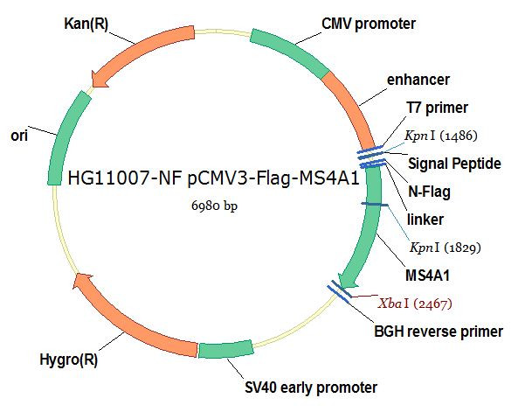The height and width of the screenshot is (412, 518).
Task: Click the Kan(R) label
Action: click(x=86, y=24)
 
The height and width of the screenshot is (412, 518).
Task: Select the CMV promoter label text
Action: click(x=369, y=24)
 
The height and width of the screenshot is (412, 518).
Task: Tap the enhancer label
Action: click(x=418, y=80)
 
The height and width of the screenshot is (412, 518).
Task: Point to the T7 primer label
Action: click(x=437, y=108)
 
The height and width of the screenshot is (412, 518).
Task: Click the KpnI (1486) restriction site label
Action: click(x=441, y=136)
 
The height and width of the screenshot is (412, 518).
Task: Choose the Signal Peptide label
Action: click(x=454, y=164)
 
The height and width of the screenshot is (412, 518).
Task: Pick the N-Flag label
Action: click(x=429, y=192)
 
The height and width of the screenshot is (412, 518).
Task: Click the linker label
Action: click(x=425, y=220)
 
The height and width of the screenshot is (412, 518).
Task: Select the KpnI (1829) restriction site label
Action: click(x=445, y=248)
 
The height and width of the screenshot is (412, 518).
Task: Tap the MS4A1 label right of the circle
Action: click(x=427, y=276)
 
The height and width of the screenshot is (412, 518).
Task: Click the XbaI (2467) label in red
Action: click(x=415, y=304)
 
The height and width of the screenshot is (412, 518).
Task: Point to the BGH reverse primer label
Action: click(x=439, y=332)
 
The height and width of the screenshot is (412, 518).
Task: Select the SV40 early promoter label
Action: click(x=311, y=388)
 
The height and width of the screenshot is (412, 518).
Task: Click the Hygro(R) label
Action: click(x=69, y=360)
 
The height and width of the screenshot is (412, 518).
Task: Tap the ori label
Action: click(x=19, y=136)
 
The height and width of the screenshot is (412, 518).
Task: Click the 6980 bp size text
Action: click(x=214, y=206)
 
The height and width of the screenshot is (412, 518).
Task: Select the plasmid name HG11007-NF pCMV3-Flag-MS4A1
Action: click(x=213, y=178)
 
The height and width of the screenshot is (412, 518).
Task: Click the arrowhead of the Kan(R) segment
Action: click(x=99, y=80)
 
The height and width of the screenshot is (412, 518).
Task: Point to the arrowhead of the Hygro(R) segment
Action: click(x=82, y=283)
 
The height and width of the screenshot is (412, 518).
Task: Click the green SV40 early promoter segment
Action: click(x=226, y=349)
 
